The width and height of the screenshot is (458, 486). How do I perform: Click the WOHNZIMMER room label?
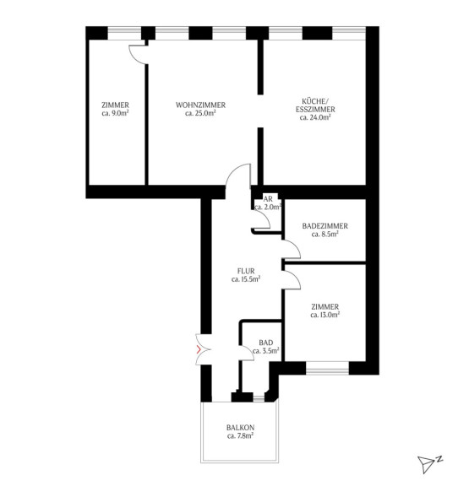pyautogui.click(x=200, y=105)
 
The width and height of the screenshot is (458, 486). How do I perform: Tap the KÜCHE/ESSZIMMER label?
pyautogui.click(x=315, y=105)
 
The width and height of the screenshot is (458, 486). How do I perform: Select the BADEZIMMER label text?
pyautogui.click(x=324, y=226)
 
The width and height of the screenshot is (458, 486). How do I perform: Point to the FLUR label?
pyautogui.click(x=246, y=271)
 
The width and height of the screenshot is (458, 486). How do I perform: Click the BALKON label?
pyautogui.click(x=240, y=428)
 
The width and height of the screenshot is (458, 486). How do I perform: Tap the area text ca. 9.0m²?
pyautogui.click(x=115, y=113)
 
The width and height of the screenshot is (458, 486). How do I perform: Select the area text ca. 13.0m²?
pyautogui.click(x=324, y=315)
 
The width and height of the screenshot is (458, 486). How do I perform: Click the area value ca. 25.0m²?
pyautogui.click(x=200, y=113)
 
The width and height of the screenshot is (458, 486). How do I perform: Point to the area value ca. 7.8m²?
pyautogui.click(x=240, y=435)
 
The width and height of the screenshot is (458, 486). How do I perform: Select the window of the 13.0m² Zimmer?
pyautogui.click(x=327, y=368)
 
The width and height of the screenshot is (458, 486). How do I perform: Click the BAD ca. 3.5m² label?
pyautogui.click(x=266, y=347)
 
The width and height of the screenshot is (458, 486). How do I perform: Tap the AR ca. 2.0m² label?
pyautogui.click(x=268, y=203)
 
